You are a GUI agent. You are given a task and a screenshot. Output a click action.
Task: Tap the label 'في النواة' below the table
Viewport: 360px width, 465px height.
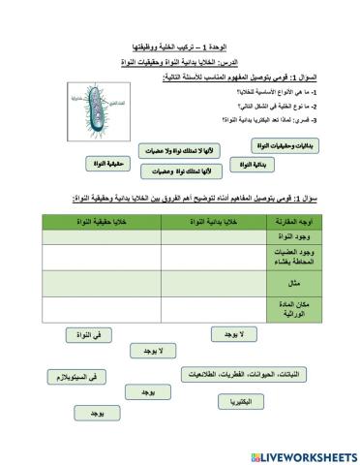[78, 334]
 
